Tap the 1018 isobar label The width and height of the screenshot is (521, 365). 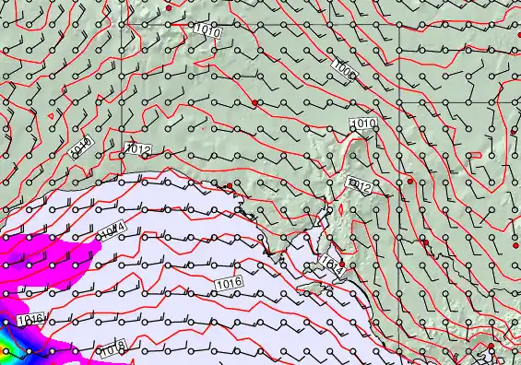pyautogui.click(x=112, y=348)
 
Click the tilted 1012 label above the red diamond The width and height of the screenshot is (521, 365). pyautogui.click(x=359, y=185)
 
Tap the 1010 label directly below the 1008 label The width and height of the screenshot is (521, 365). pyautogui.click(x=363, y=124)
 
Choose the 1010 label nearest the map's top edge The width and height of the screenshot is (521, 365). pyautogui.click(x=208, y=30)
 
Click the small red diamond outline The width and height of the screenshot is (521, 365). pyautogui.click(x=340, y=209)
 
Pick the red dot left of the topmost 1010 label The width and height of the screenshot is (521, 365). pyautogui.click(x=170, y=7)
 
